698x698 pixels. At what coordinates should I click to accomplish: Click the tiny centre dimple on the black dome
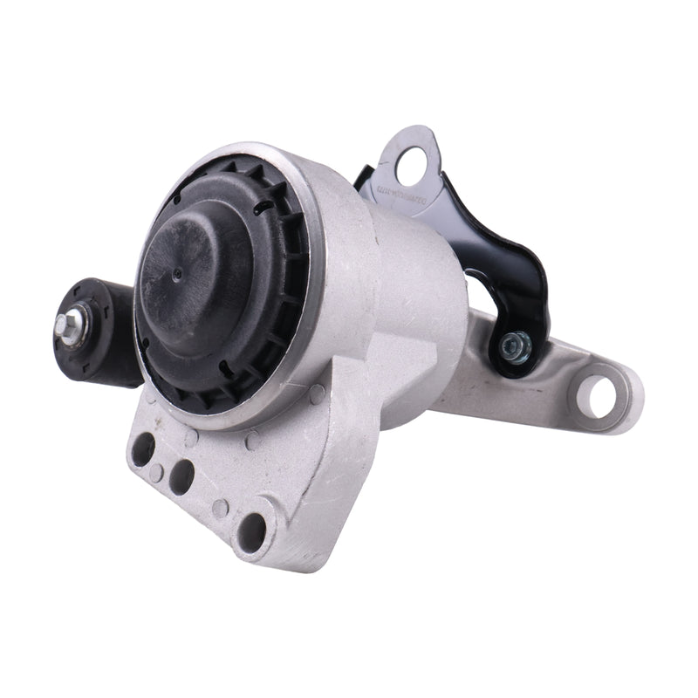point(178,272)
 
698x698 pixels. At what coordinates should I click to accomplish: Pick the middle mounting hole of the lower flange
point(181,475)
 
